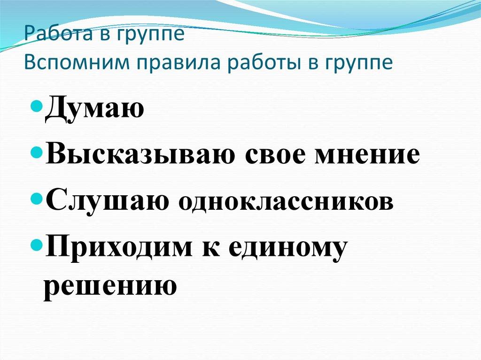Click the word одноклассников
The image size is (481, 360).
pyautogui.click(x=285, y=203)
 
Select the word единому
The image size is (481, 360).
pyautogui.click(x=287, y=247)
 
